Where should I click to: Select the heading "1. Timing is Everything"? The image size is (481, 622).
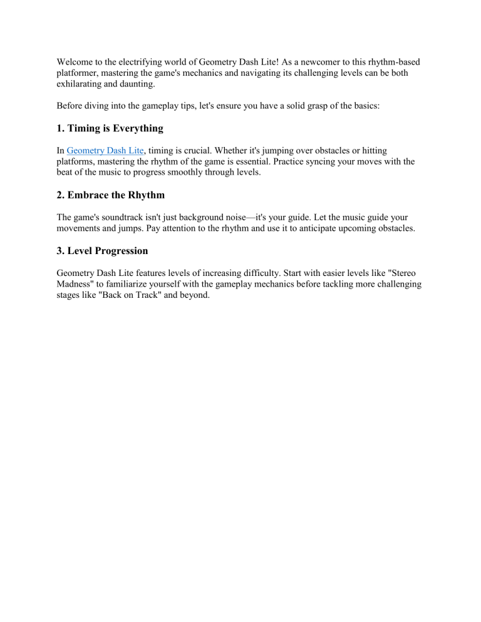[x=110, y=128]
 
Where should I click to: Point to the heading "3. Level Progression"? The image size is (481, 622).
[x=102, y=250]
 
